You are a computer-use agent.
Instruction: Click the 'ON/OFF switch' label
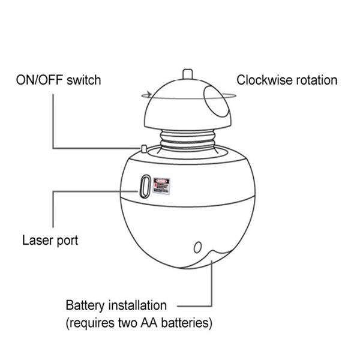click(x=59, y=80)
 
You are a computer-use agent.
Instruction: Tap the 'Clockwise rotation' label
click(x=287, y=80)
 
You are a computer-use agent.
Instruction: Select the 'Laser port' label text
click(x=50, y=241)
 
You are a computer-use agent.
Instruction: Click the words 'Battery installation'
click(x=116, y=306)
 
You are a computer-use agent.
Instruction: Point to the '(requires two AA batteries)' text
click(x=139, y=323)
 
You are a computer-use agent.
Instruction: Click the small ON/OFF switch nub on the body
click(x=144, y=148)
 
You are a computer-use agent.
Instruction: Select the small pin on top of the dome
click(x=186, y=74)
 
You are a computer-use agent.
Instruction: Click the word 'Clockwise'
click(x=260, y=80)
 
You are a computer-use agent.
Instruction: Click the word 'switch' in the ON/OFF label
click(x=83, y=80)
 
